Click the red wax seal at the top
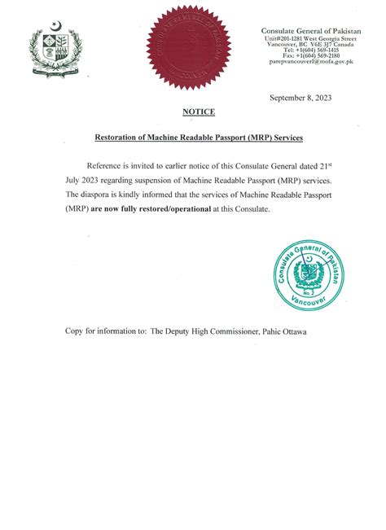[188, 46]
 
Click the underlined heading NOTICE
[199, 112]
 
